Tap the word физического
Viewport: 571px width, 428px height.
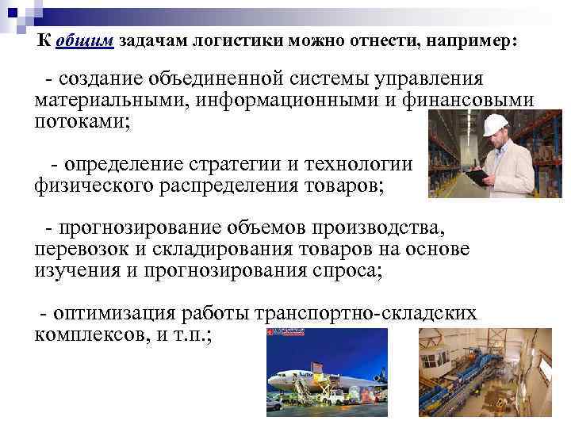point(90,187)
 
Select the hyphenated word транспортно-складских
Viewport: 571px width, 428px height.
point(366,313)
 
